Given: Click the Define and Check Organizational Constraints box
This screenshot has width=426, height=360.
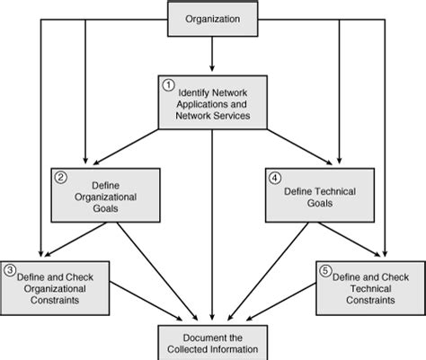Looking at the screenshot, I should click(x=51, y=286).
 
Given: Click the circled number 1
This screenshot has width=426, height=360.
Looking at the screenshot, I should click(x=166, y=85).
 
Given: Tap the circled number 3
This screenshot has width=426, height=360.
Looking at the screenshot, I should click(x=9, y=268).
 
